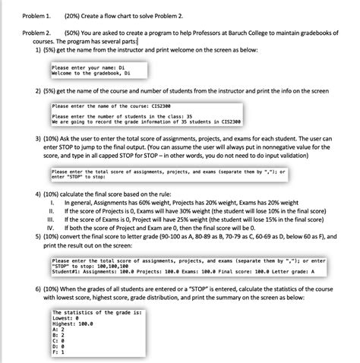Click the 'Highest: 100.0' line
click(72, 324)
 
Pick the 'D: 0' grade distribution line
click(60, 346)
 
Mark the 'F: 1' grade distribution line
click(60, 352)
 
